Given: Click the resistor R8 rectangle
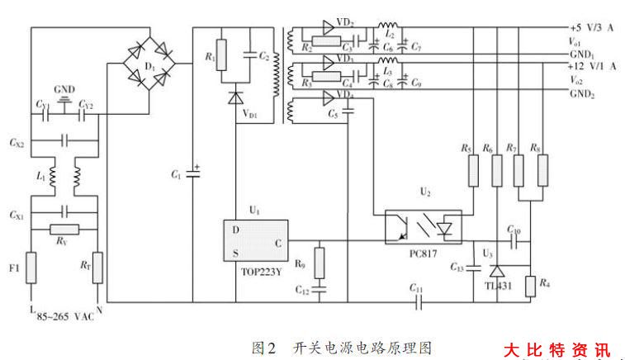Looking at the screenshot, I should [x=542, y=171].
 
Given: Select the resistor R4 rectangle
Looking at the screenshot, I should [x=530, y=286].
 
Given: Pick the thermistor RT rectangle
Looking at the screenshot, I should [x=98, y=268].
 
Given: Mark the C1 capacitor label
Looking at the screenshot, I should [x=175, y=175].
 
